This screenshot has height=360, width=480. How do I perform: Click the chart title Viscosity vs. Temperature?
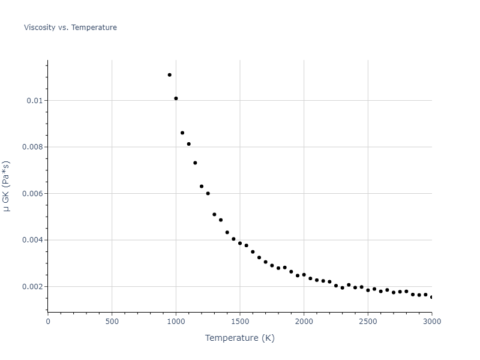tap(70, 28)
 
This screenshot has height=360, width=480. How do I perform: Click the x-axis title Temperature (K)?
tap(239, 338)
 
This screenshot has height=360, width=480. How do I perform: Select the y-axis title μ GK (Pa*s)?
tap(7, 186)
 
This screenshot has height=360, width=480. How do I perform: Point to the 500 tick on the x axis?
tap(112, 321)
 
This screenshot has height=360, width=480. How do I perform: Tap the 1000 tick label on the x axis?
tap(176, 321)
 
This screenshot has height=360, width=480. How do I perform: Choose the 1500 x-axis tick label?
tap(240, 321)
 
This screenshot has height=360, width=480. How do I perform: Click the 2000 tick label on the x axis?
tap(304, 321)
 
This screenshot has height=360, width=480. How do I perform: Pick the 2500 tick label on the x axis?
tap(368, 321)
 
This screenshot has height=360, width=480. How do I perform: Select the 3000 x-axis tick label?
tap(432, 321)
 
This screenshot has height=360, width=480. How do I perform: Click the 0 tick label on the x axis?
tap(48, 321)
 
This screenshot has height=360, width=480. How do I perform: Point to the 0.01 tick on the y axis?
tap(35, 100)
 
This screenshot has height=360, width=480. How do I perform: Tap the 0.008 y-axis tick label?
tap(32, 147)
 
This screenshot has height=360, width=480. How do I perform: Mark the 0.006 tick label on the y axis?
tap(32, 193)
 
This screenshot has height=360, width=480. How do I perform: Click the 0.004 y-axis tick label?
tap(32, 240)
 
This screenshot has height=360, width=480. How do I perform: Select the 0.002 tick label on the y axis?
tap(32, 286)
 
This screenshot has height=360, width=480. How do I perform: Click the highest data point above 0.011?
tap(169, 75)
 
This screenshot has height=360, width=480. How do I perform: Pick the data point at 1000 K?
tap(176, 98)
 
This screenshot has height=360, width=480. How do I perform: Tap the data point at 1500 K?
tap(240, 243)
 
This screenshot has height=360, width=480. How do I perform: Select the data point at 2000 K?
tap(304, 275)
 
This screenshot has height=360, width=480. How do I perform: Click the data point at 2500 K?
tap(368, 290)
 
